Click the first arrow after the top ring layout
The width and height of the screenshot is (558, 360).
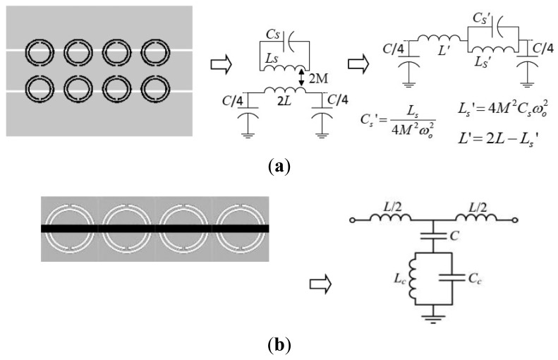(222, 65)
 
